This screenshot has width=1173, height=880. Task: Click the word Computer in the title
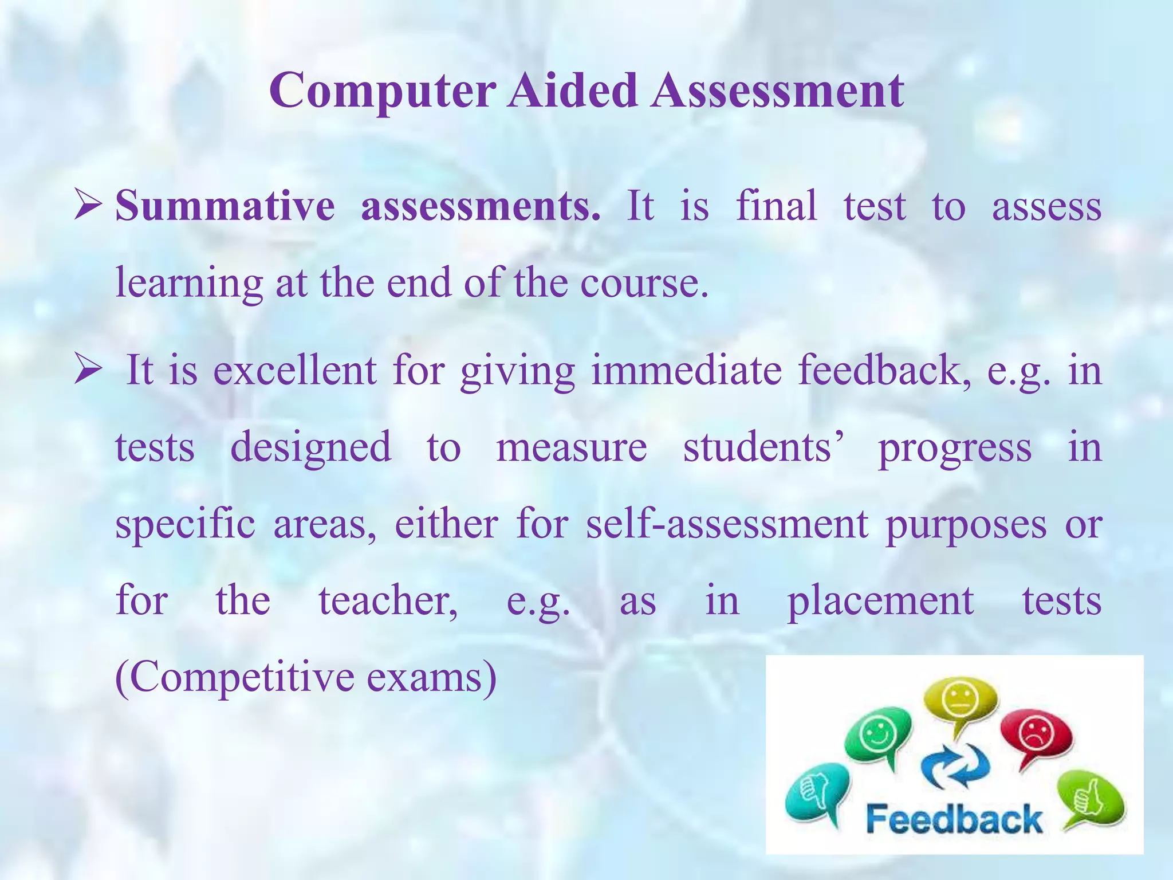click(x=383, y=92)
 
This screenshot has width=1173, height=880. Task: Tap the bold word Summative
click(x=225, y=206)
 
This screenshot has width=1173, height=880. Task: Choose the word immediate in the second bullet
click(x=686, y=371)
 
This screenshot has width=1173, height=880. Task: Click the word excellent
click(x=295, y=371)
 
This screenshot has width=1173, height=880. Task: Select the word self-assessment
click(x=727, y=524)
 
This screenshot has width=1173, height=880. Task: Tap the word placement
click(x=880, y=602)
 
